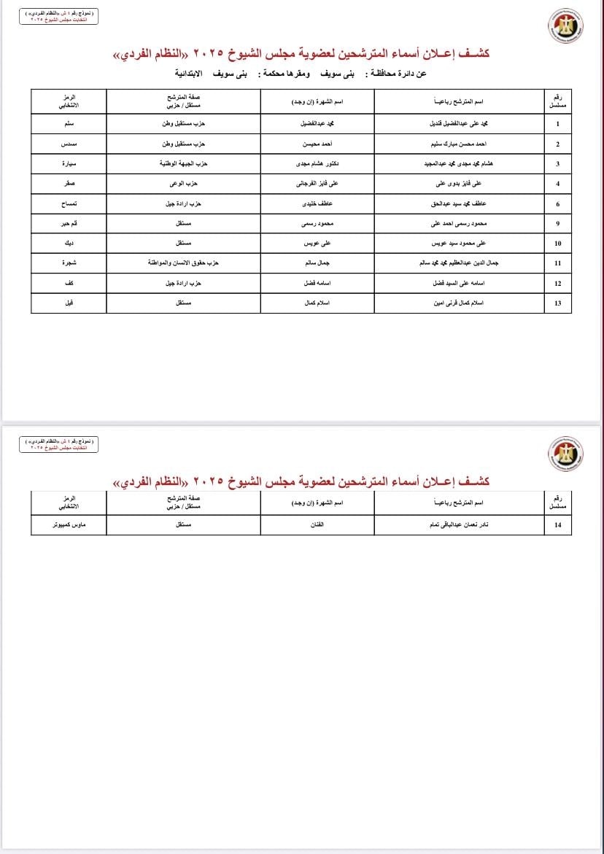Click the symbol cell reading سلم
click(68, 124)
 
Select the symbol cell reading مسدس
click(68, 144)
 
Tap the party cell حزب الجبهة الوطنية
click(184, 163)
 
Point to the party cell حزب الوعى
click(184, 184)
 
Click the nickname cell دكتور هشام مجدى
click(317, 163)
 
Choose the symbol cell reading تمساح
click(68, 204)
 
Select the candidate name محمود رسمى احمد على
click(459, 223)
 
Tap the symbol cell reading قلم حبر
click(68, 223)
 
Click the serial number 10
click(557, 243)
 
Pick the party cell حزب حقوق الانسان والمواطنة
click(184, 263)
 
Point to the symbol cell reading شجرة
click(68, 263)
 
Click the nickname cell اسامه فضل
click(317, 283)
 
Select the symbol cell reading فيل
click(68, 303)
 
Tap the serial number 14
click(557, 525)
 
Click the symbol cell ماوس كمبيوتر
click(68, 525)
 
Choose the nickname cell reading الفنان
click(317, 525)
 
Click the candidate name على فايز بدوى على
click(459, 184)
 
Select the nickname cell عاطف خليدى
click(317, 204)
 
